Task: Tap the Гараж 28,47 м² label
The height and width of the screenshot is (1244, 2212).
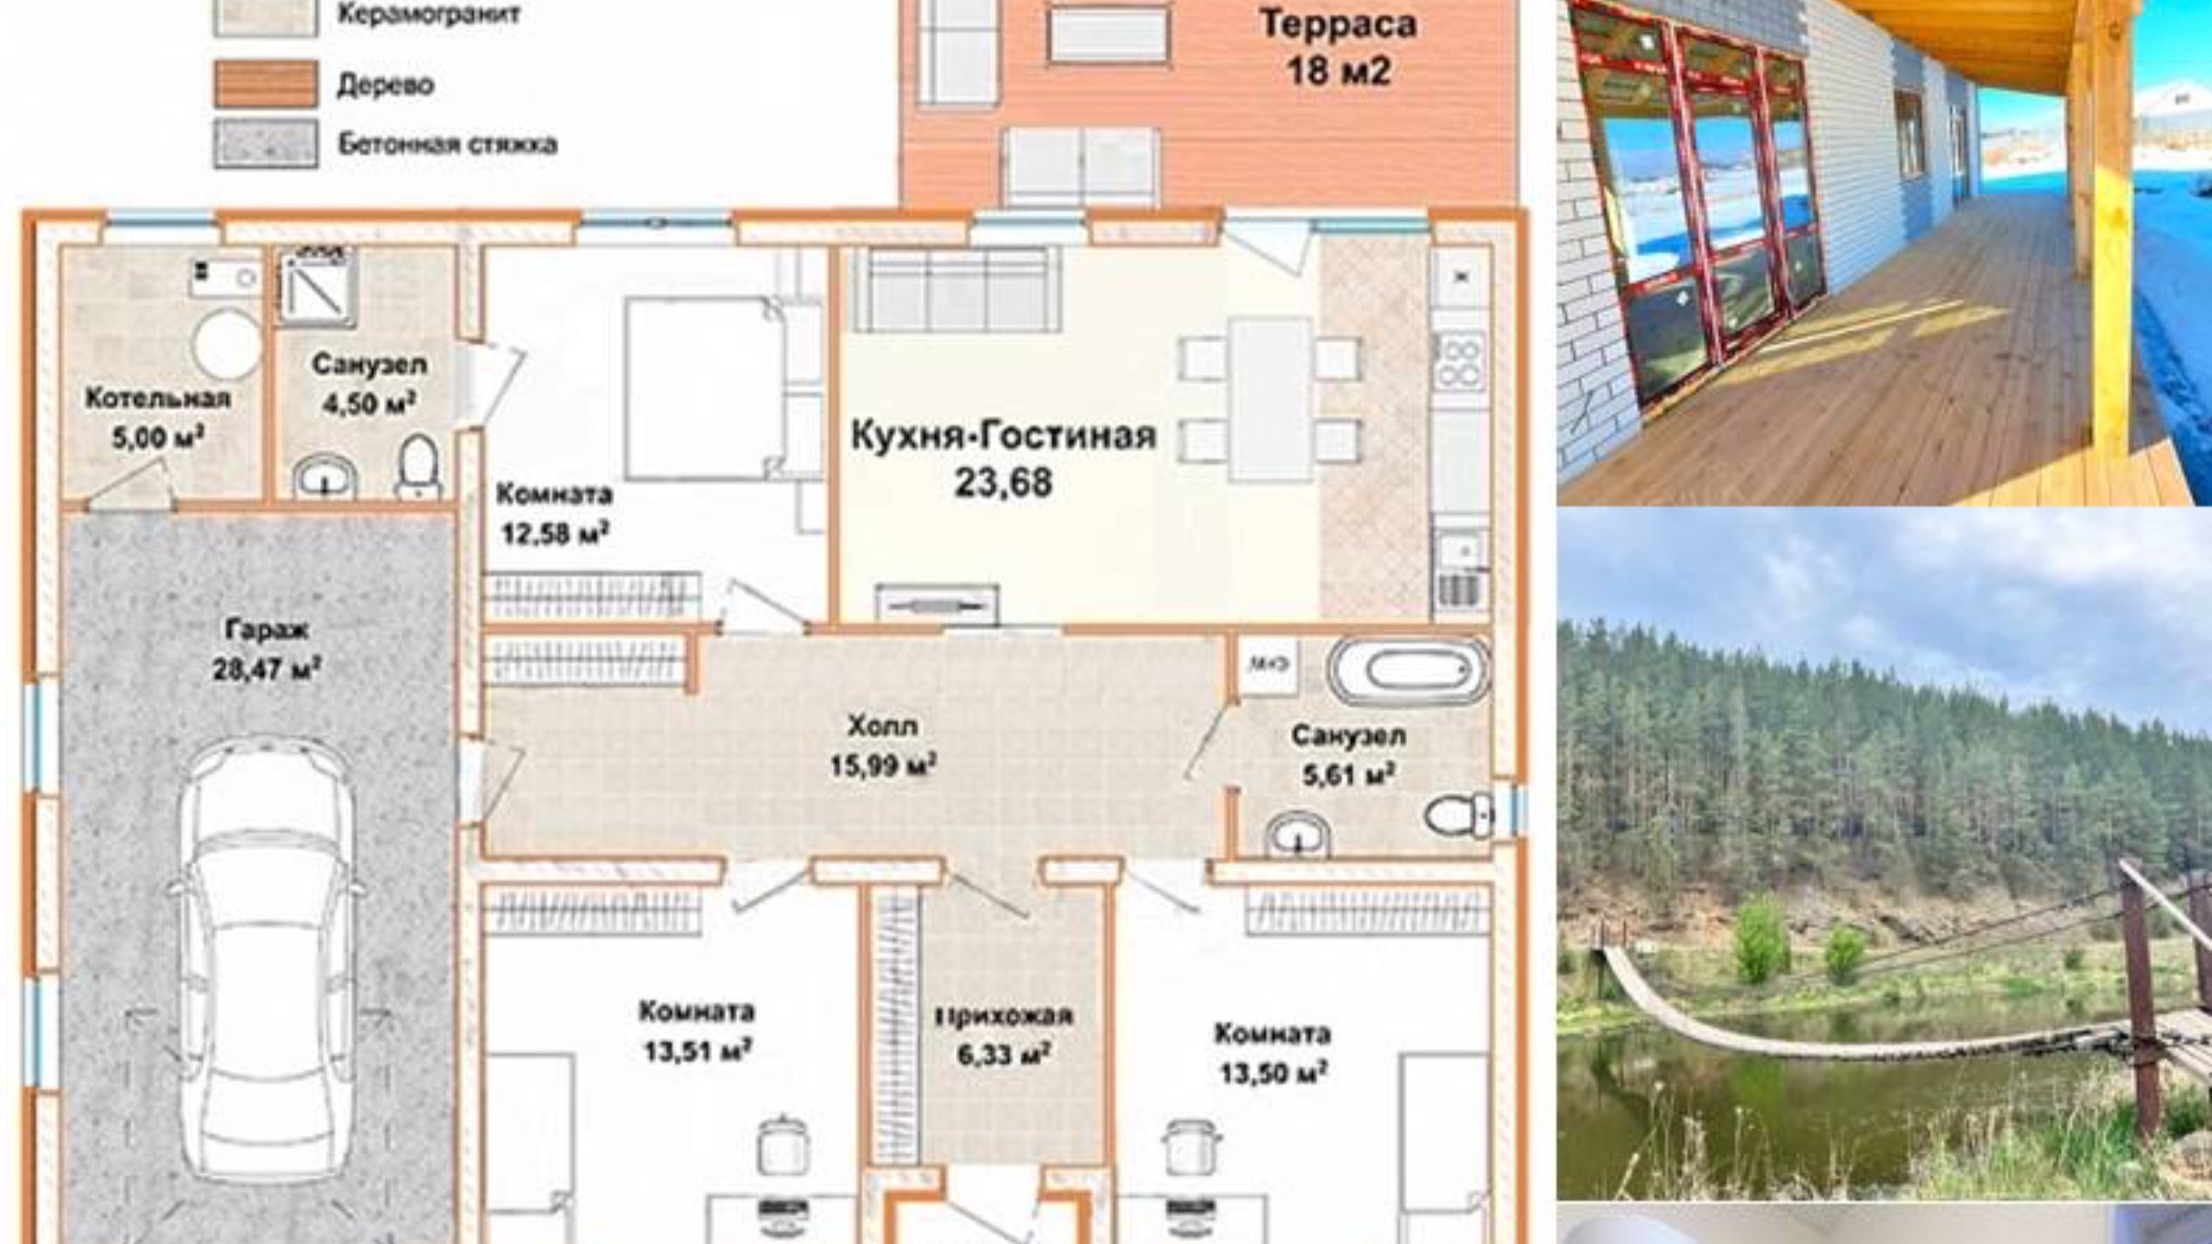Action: [x=267, y=649]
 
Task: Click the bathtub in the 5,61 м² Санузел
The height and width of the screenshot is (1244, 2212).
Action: [x=1409, y=668]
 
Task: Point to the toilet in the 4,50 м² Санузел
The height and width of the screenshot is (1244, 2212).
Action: [x=417, y=467]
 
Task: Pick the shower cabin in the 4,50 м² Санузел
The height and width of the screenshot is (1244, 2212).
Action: [x=317, y=288]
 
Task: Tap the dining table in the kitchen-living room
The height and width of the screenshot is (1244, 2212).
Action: [x=1270, y=400]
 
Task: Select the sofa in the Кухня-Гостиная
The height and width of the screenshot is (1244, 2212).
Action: [x=956, y=288]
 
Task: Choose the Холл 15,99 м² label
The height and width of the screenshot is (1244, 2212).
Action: [x=882, y=745]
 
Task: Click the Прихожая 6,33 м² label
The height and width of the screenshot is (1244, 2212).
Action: [x=1003, y=1035]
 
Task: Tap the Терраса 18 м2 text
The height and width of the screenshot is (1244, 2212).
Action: [x=1338, y=46]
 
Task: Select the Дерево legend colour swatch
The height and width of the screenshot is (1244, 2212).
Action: [x=266, y=84]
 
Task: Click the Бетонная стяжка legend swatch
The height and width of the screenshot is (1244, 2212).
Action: [x=266, y=143]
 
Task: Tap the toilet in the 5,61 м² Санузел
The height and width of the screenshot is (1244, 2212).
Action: [x=1459, y=815]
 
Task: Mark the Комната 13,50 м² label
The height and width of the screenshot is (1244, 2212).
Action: [x=1272, y=1053]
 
